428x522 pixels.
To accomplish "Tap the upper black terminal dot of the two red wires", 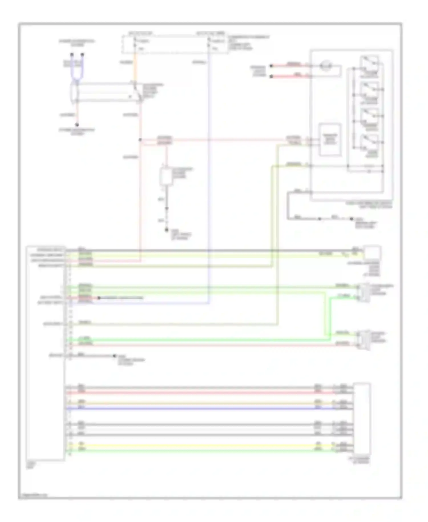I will [x=271, y=66].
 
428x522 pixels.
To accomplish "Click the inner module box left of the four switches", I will [x=330, y=140].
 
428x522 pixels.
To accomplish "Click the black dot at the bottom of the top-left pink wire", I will [x=77, y=125].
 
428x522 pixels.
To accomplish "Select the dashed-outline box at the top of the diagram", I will [x=175, y=44].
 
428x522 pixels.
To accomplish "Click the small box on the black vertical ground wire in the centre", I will [x=166, y=177].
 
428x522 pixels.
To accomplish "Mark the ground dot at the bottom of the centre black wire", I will [x=167, y=230].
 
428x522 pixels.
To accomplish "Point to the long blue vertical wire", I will [x=209, y=177].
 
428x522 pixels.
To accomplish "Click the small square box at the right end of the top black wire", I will [x=372, y=252].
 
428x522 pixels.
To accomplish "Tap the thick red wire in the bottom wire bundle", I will [x=200, y=393].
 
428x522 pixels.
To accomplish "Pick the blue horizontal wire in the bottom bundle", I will [x=200, y=409].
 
